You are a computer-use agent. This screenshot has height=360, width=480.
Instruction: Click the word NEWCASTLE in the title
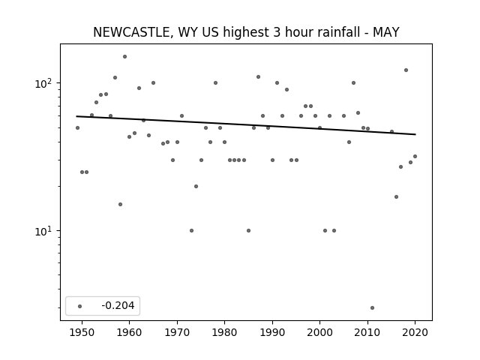pyautogui.click(x=131, y=32)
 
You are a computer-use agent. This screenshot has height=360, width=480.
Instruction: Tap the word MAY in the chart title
pyautogui.click(x=385, y=32)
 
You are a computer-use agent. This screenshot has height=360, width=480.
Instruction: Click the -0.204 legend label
pyautogui.click(x=118, y=305)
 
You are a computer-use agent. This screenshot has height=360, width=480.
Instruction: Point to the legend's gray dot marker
pyautogui.click(x=80, y=306)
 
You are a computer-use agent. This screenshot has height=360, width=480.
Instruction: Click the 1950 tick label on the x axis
pyautogui.click(x=82, y=332)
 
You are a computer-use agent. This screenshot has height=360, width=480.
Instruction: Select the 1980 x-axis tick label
pyautogui.click(x=225, y=332)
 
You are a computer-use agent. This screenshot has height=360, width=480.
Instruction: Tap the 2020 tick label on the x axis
pyautogui.click(x=415, y=332)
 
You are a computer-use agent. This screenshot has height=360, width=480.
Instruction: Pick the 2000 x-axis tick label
pyautogui.click(x=320, y=332)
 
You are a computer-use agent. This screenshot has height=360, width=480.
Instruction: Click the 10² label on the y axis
pyautogui.click(x=43, y=83)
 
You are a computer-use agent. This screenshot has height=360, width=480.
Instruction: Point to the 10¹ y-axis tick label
pyautogui.click(x=43, y=231)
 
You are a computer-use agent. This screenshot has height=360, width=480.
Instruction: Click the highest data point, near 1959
pyautogui.click(x=125, y=57)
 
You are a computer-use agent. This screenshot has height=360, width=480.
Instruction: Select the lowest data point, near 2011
pyautogui.click(x=372, y=308)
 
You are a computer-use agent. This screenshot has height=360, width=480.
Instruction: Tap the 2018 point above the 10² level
pyautogui.click(x=406, y=70)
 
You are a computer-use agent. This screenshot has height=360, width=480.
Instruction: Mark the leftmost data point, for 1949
pyautogui.click(x=77, y=128)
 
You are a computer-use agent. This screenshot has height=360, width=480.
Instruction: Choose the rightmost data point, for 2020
pyautogui.click(x=415, y=157)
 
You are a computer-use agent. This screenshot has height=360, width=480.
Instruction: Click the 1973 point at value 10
pyautogui.click(x=192, y=230)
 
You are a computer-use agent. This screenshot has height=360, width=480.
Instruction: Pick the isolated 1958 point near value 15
pyautogui.click(x=120, y=205)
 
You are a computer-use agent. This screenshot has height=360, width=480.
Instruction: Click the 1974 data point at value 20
pyautogui.click(x=196, y=187)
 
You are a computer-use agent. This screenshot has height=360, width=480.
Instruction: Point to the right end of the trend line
pyautogui.click(x=415, y=134)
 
